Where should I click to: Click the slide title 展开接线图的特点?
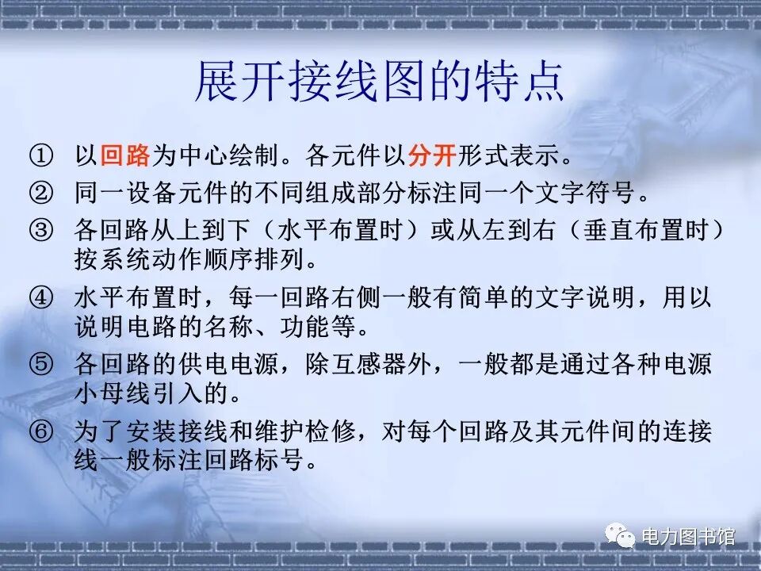[x=380, y=82]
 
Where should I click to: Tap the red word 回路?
[x=125, y=155]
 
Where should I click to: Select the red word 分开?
[x=432, y=155]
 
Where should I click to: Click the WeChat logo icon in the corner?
[x=621, y=537]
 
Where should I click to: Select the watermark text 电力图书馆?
[x=687, y=537]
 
